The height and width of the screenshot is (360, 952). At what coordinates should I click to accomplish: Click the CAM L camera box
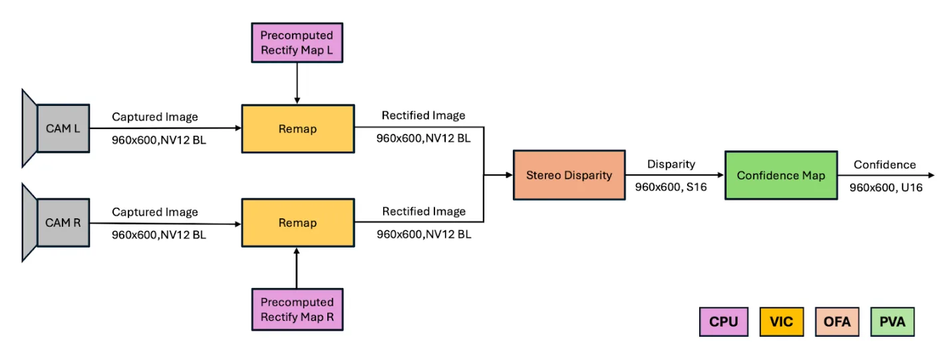coord(63,128)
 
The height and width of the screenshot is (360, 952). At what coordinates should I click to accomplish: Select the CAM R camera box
coord(63,222)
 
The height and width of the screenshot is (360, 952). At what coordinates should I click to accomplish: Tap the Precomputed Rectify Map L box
coord(297,43)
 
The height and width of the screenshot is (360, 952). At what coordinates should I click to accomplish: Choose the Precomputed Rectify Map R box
coord(297,309)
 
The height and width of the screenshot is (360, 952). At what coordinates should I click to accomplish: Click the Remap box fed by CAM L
coord(297,128)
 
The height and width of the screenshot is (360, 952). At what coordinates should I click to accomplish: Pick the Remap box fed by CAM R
coord(297,222)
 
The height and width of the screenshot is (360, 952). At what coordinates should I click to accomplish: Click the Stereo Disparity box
coord(569,175)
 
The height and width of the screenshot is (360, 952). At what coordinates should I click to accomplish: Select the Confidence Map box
coord(780,176)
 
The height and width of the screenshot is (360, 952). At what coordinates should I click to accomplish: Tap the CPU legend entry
coord(723,321)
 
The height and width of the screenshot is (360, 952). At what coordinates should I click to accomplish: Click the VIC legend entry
coord(780,321)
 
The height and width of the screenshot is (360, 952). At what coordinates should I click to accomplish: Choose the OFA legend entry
coord(837,321)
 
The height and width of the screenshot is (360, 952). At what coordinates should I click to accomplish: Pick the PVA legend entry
coord(893,321)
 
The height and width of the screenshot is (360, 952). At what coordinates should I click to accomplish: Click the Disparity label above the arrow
coord(671,164)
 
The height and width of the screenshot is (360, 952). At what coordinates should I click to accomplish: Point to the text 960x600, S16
coord(671,188)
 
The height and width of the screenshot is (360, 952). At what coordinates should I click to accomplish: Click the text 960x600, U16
coord(885,188)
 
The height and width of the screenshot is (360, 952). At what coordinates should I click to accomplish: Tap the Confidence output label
coord(885,164)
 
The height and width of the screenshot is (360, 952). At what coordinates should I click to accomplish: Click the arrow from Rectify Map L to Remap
coord(297,83)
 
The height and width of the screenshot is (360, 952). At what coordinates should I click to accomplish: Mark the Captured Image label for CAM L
coord(155,117)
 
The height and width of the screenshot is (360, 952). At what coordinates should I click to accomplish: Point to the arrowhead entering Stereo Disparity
coord(508,175)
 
